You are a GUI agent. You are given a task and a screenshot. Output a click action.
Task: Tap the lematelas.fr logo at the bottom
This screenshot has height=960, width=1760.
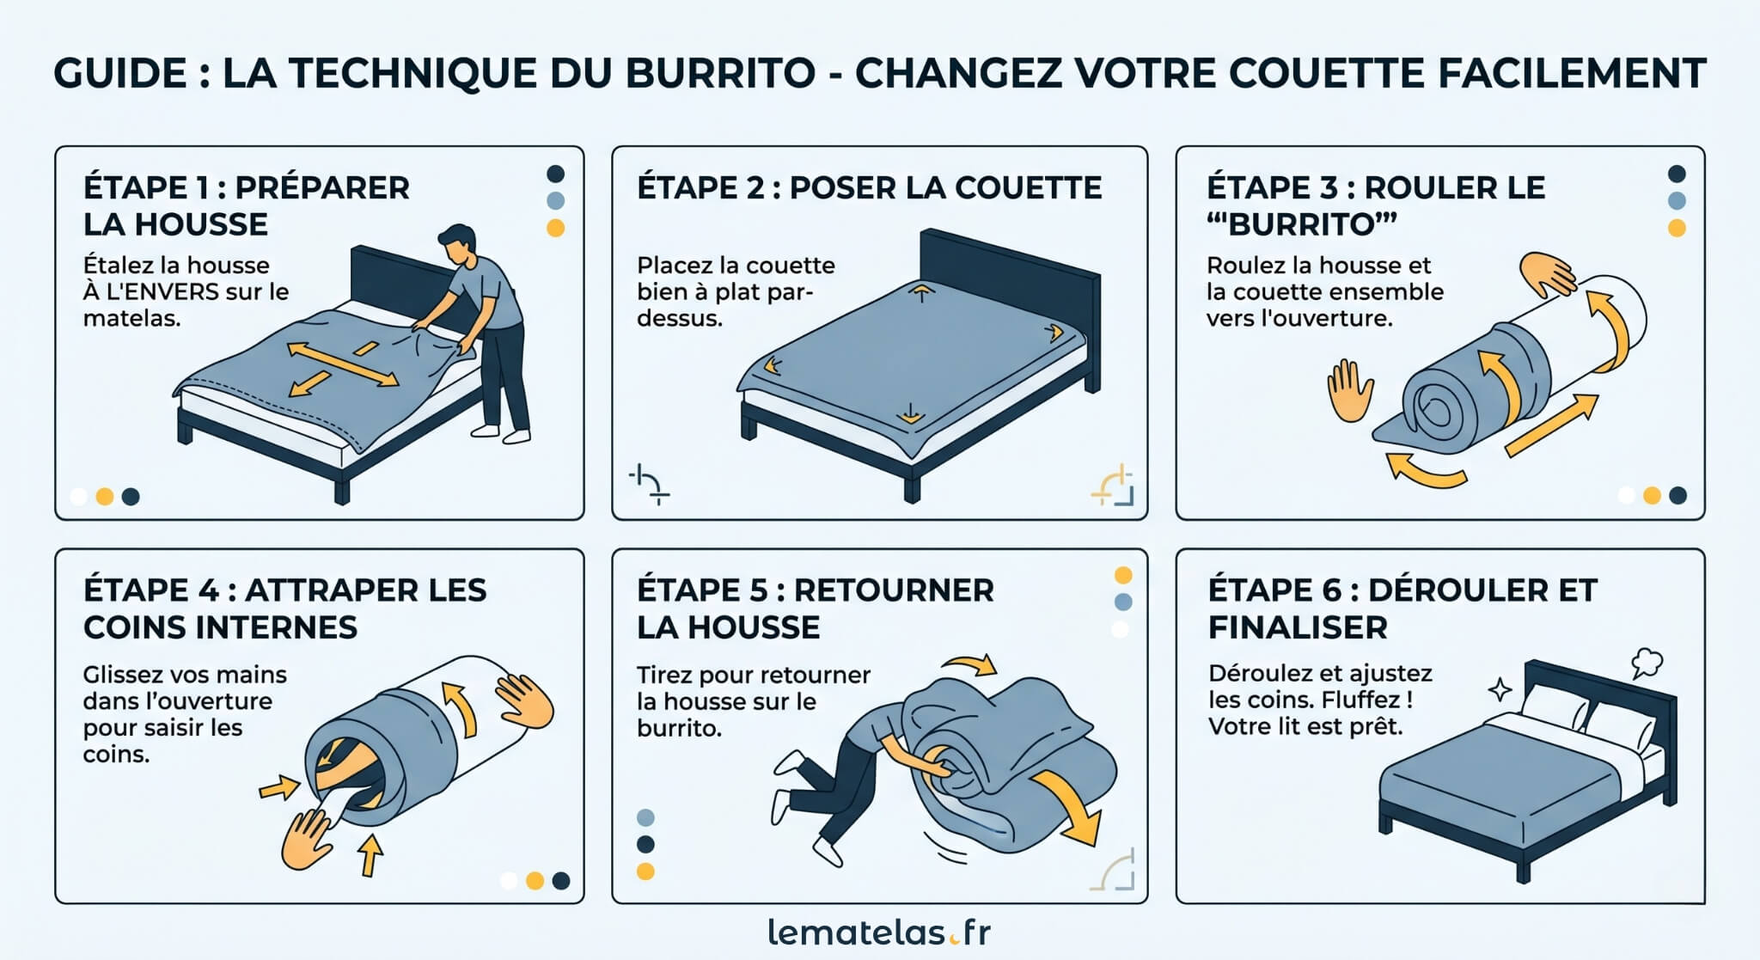879,932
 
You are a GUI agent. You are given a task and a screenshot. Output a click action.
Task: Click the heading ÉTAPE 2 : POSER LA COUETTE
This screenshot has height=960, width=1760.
869,187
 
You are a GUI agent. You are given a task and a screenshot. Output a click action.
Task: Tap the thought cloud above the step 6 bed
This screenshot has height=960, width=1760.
1646,662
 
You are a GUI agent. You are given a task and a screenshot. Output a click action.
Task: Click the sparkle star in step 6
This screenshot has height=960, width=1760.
1500,689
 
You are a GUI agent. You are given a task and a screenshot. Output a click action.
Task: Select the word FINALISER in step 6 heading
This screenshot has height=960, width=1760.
1297,627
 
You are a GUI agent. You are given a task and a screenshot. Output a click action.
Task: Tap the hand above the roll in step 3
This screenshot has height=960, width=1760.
1546,274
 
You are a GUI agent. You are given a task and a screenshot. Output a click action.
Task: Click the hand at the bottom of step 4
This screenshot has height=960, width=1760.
306,839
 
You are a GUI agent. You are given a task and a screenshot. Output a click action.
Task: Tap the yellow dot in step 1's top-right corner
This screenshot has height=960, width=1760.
556,228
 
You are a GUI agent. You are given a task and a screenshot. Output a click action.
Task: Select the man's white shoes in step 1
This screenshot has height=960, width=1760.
503,433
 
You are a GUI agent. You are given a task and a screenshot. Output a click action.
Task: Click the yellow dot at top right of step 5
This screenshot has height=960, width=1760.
1122,575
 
